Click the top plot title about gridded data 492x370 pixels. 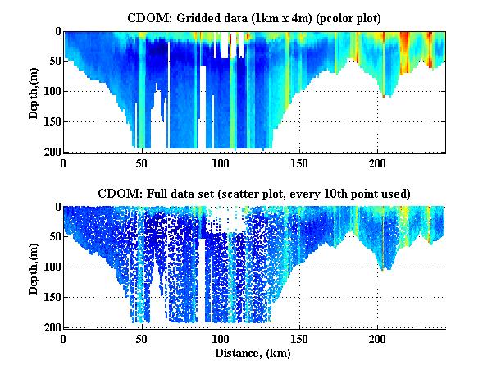[x=254, y=17]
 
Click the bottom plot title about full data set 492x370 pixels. [x=254, y=193]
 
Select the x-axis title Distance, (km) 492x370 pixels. [x=254, y=354]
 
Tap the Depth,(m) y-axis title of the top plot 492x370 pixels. [x=34, y=92]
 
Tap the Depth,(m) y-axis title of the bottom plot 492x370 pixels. [x=34, y=267]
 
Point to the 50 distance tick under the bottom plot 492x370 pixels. [x=142, y=338]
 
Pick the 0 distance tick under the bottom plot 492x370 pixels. [x=63, y=338]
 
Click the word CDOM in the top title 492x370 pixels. [x=146, y=17]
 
